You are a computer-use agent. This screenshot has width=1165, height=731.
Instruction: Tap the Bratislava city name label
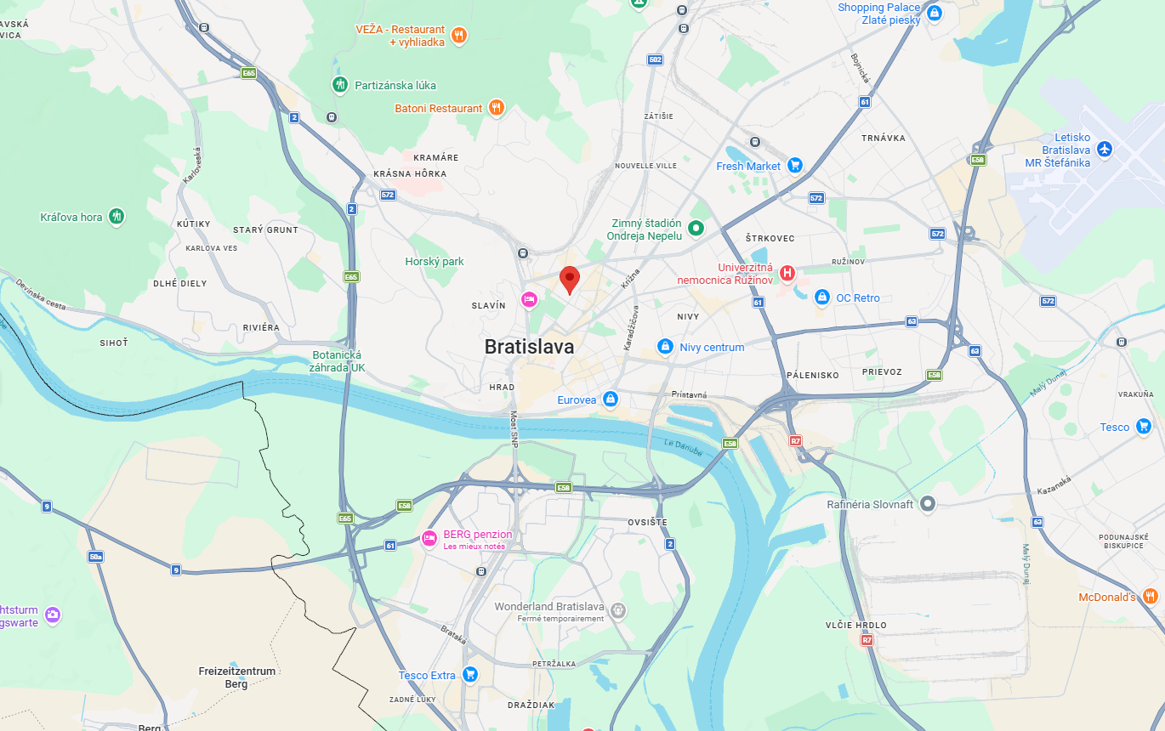coord(529,347)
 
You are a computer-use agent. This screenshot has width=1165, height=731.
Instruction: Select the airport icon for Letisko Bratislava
coord(1105,150)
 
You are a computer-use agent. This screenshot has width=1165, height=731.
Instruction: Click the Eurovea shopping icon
coord(610,399)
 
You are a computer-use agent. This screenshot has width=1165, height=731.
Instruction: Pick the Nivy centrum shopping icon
coord(665,347)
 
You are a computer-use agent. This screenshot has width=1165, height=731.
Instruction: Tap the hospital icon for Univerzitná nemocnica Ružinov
coord(787,273)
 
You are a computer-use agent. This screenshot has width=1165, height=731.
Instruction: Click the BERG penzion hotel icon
coord(430,538)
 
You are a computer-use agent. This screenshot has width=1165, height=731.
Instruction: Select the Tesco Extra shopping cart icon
coord(469,675)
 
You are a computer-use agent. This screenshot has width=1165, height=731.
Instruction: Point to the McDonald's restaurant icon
coord(1151,596)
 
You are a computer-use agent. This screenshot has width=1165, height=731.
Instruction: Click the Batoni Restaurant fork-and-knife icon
coord(497,108)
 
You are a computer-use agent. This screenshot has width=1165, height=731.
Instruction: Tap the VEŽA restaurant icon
coord(459,35)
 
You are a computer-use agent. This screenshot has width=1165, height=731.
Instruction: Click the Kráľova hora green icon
coord(117,217)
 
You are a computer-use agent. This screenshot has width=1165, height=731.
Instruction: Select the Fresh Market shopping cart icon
coord(795,166)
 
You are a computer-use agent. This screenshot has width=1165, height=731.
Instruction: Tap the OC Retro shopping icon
coord(821,297)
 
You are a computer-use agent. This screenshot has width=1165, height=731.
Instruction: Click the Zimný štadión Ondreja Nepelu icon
coord(696,228)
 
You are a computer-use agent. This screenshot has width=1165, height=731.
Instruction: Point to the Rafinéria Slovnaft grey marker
coord(928,504)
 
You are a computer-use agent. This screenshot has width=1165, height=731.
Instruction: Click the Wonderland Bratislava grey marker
coord(618,609)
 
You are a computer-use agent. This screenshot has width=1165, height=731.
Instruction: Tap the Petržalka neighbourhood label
coord(554,663)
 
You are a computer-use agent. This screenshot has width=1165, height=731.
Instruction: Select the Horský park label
coord(435,262)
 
